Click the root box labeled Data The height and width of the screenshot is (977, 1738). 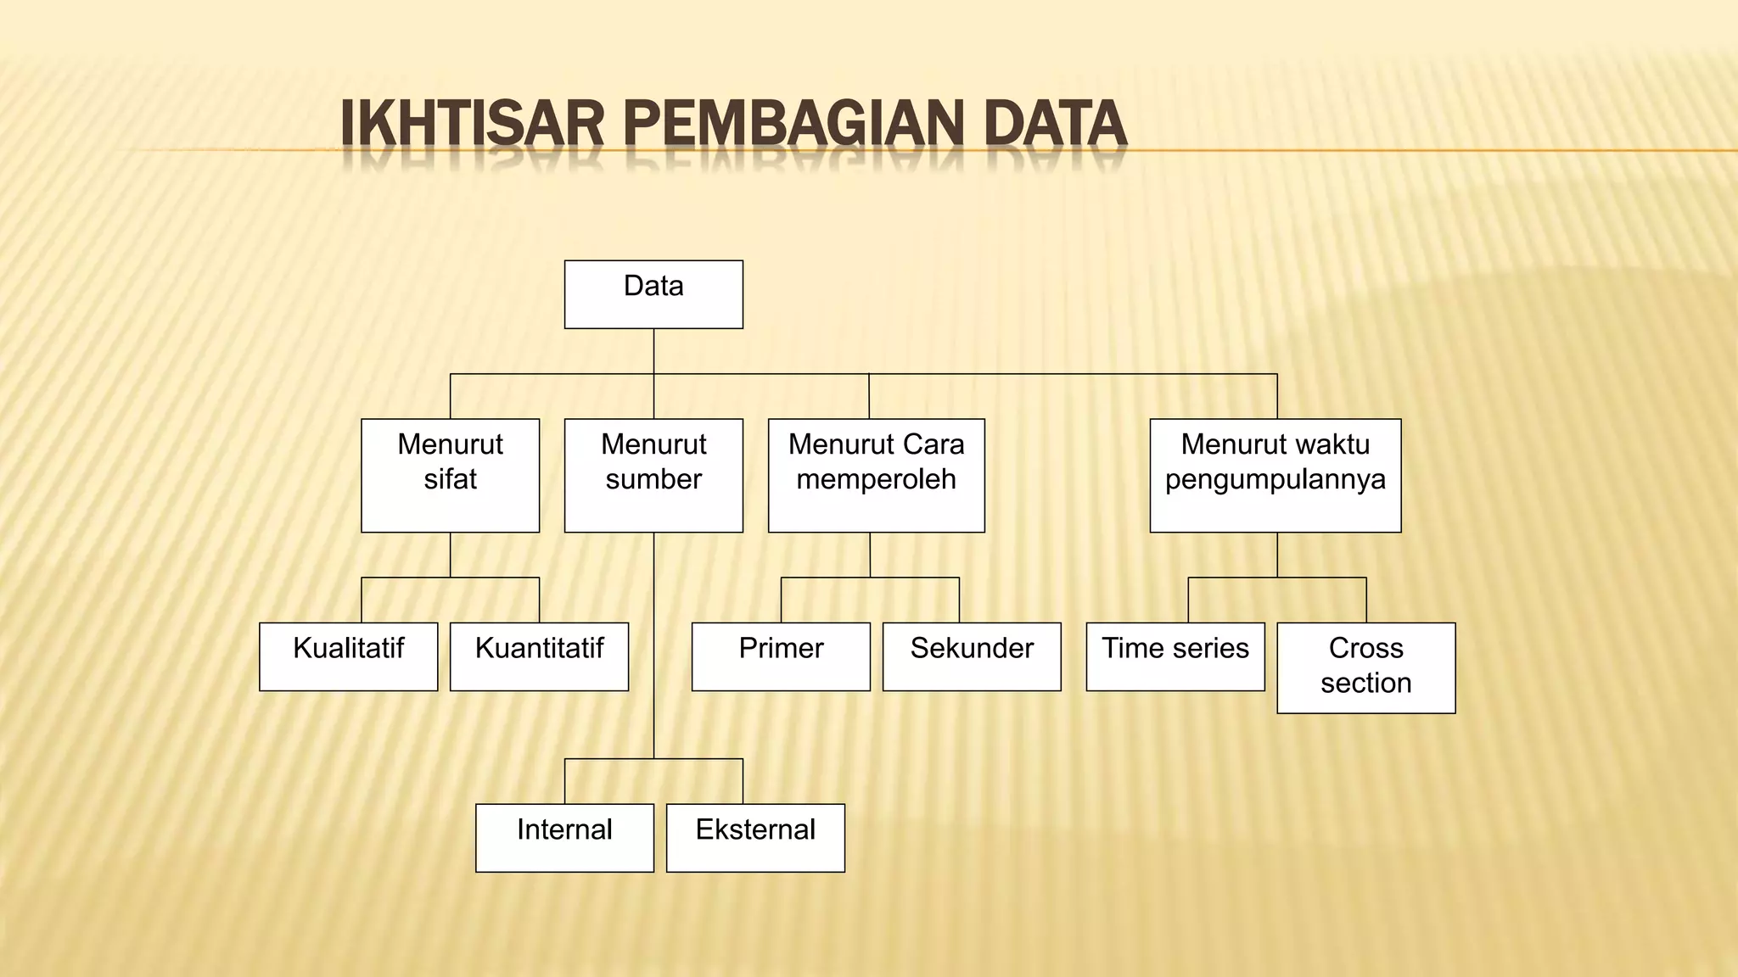[x=653, y=293]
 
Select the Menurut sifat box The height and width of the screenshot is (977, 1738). [x=450, y=475]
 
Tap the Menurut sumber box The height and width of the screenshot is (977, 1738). [x=653, y=475]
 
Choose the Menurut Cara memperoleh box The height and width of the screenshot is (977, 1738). [x=876, y=475]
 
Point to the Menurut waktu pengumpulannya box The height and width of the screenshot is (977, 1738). [x=1275, y=475]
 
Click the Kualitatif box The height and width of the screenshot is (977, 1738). [x=348, y=656]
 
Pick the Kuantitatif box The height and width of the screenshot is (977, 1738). [x=539, y=656]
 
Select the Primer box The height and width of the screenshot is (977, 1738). [x=781, y=656]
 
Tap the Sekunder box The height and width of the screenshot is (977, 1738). [x=972, y=656]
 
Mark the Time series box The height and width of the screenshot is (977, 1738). [x=1175, y=656]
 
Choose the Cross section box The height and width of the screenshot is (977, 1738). [x=1365, y=667]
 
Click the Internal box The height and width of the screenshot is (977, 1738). [x=564, y=837]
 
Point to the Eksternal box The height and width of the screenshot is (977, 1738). [x=755, y=837]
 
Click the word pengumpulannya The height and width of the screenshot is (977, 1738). [x=1275, y=480]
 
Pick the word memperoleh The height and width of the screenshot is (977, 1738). [x=876, y=480]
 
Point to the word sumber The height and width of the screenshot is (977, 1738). [x=653, y=480]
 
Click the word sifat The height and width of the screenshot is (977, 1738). [x=450, y=480]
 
